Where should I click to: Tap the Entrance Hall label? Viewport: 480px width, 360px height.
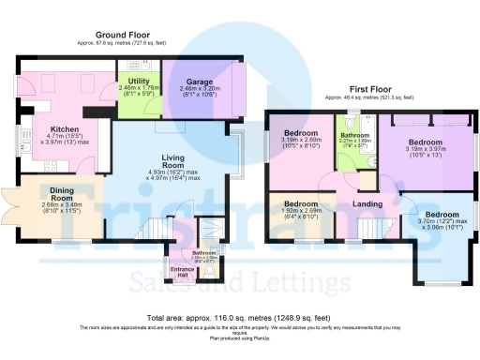coord(182,272)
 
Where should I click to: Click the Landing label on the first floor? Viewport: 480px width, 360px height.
coord(365,202)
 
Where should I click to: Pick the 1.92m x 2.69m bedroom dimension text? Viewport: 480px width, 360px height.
coord(302,211)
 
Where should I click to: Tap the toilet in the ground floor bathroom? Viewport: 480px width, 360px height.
coord(213,270)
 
